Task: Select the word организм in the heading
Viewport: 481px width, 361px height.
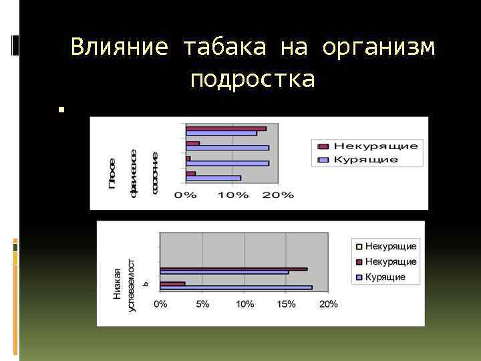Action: (x=378, y=47)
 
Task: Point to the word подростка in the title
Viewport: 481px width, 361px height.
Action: (x=252, y=80)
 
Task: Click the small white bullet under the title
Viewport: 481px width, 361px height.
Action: (x=60, y=108)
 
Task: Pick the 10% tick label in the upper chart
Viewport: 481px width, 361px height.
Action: (x=232, y=195)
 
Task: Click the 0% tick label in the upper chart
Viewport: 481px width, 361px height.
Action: (x=186, y=195)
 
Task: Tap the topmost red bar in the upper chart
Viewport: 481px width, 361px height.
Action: (x=226, y=128)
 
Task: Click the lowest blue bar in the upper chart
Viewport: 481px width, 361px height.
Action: (x=213, y=178)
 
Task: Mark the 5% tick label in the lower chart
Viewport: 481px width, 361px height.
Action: (x=202, y=304)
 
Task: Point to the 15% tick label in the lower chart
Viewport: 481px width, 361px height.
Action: (x=286, y=304)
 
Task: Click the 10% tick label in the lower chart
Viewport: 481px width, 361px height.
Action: (x=244, y=304)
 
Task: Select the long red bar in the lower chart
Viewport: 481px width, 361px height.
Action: (x=233, y=269)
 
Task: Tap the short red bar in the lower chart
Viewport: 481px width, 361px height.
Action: (x=172, y=283)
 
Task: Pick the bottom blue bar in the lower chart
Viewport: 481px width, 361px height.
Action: (x=236, y=287)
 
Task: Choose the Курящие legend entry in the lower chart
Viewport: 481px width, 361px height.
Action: (x=385, y=277)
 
